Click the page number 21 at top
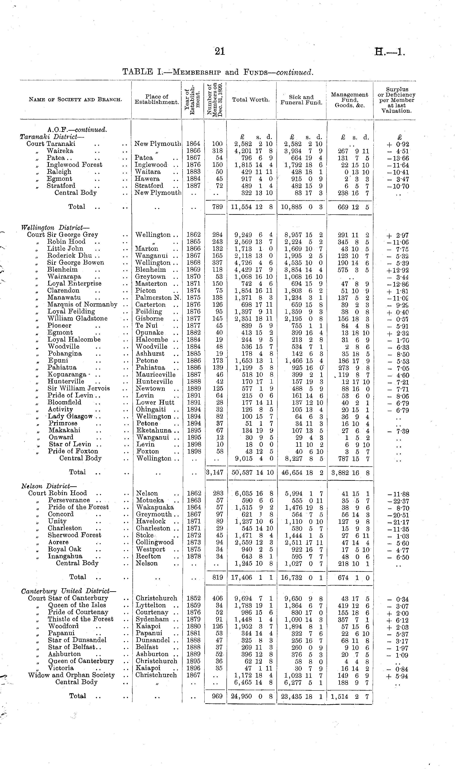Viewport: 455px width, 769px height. pyautogui.click(x=220, y=52)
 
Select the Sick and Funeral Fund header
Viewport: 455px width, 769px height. pyautogui.click(x=301, y=100)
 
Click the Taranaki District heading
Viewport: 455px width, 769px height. pyautogui.click(x=52, y=137)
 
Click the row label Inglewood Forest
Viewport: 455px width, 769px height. pyautogui.click(x=74, y=165)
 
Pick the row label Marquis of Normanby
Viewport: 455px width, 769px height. pyautogui.click(x=82, y=305)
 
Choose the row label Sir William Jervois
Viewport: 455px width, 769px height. pyautogui.click(x=79, y=388)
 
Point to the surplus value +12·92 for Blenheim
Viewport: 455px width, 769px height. pyautogui.click(x=398, y=270)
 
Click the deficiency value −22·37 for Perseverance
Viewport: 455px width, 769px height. pyautogui.click(x=398, y=501)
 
